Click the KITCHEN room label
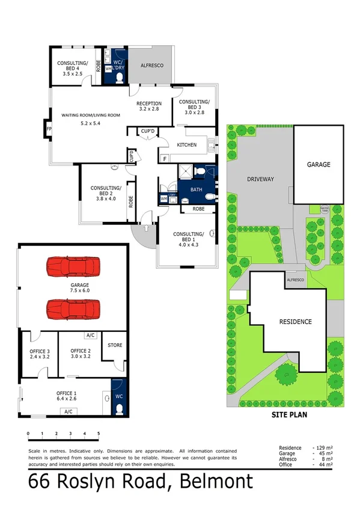tap(187, 145)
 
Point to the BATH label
tap(196, 189)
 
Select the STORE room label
tap(114, 345)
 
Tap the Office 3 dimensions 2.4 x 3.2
tap(38, 356)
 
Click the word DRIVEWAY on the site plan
tap(260, 179)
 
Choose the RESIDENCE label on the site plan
tap(296, 322)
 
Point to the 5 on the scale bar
tap(99, 433)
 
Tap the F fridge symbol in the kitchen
tap(165, 159)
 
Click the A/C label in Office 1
tap(68, 412)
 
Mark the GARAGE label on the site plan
tap(319, 164)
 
